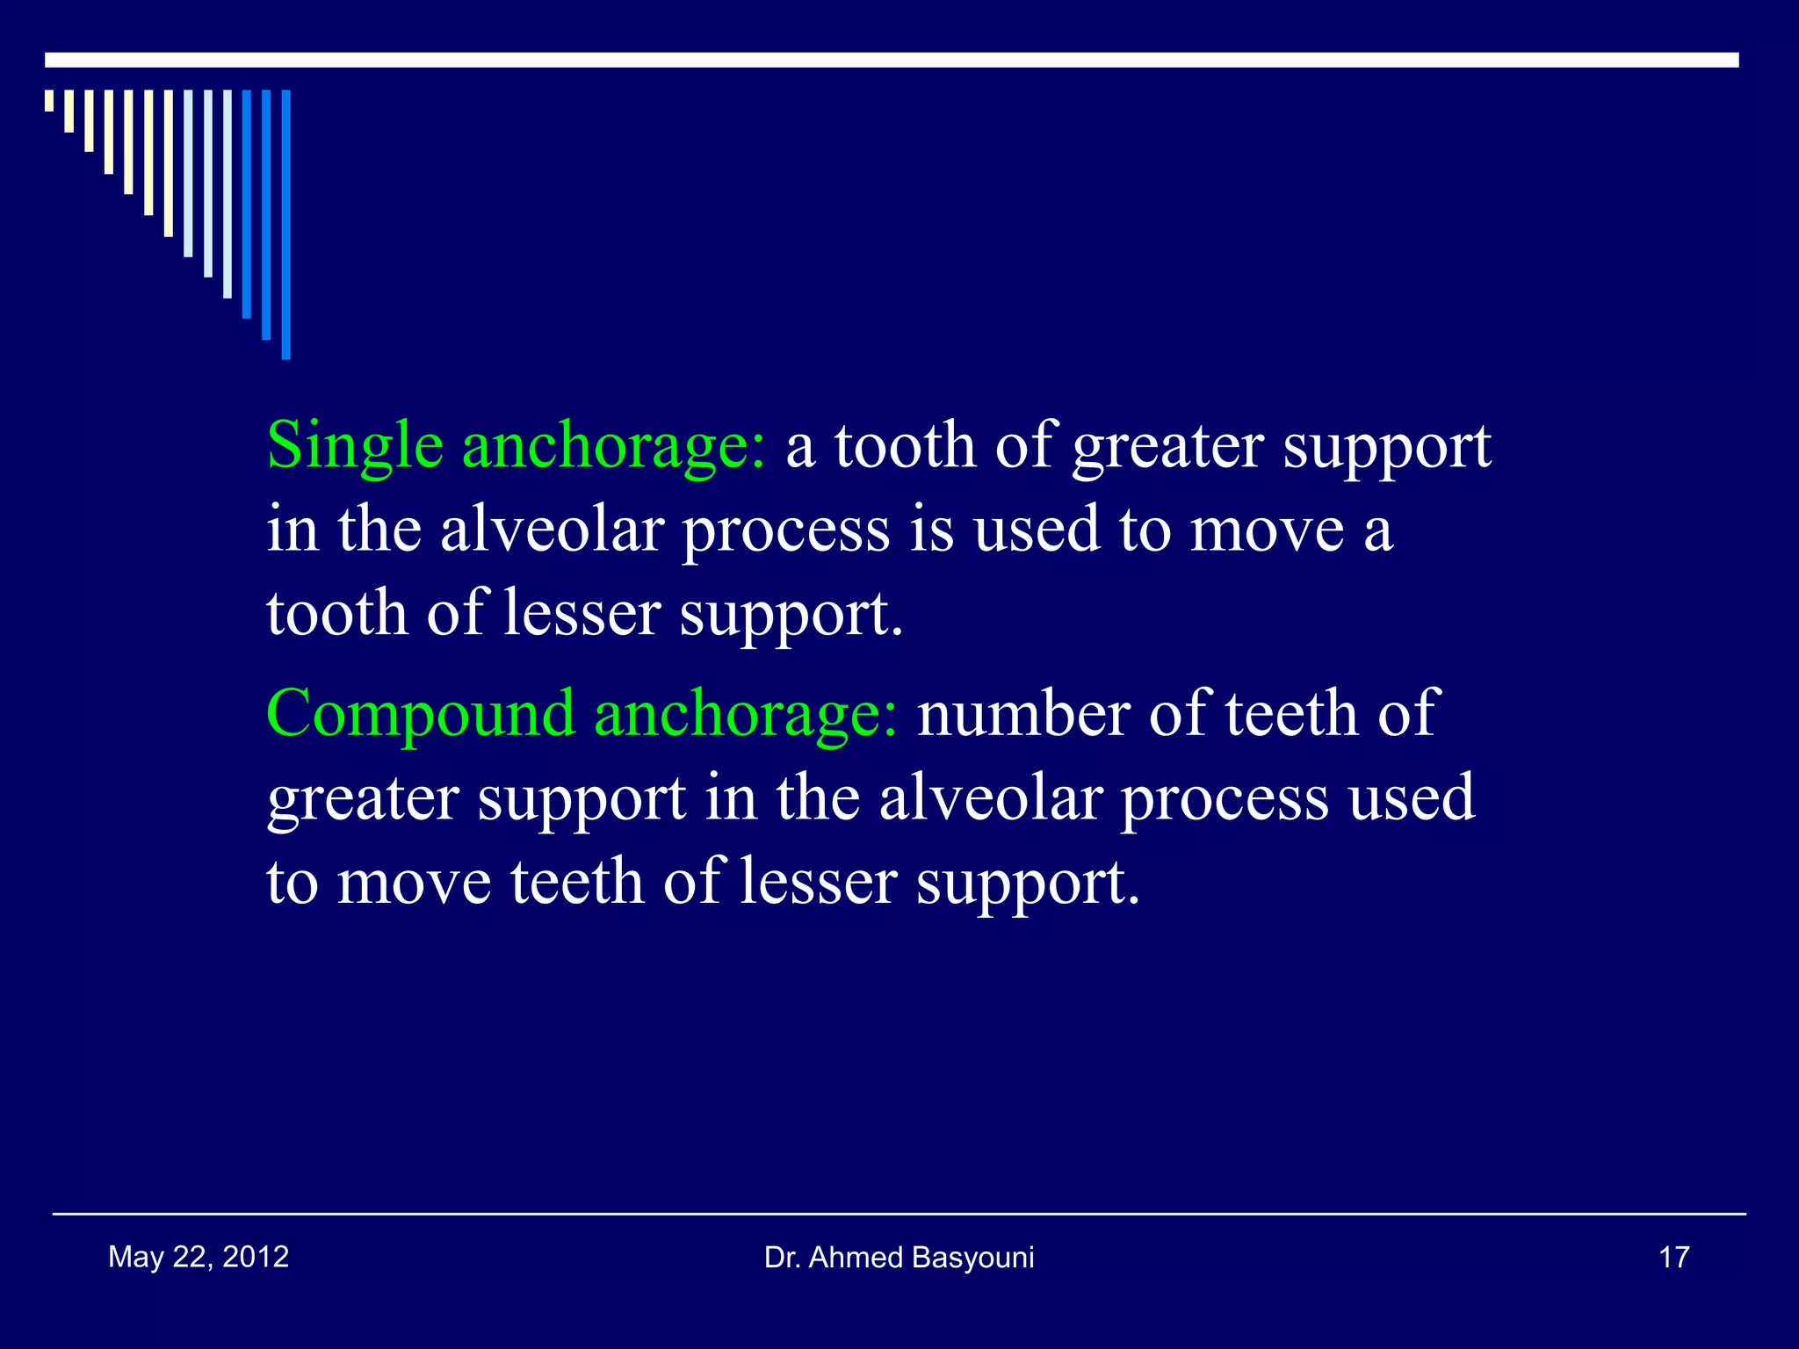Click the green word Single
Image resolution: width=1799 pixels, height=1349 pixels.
click(x=354, y=446)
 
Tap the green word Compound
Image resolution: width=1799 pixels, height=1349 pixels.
click(x=420, y=714)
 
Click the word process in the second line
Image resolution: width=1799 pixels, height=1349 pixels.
click(x=785, y=530)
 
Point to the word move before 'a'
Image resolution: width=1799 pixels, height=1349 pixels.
click(x=1266, y=530)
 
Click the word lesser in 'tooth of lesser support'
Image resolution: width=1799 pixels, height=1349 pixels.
click(x=582, y=613)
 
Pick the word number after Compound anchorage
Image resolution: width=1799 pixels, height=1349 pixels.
click(x=1022, y=714)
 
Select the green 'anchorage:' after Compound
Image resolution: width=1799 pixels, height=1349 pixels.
click(x=746, y=714)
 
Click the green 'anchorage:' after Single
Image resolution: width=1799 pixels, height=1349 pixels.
click(x=613, y=446)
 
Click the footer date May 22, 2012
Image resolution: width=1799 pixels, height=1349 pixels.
click(x=199, y=1257)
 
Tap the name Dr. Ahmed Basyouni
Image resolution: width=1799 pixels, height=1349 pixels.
click(x=899, y=1258)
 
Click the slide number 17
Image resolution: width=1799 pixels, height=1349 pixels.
click(x=1673, y=1258)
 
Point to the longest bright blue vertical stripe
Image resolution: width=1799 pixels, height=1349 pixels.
click(x=285, y=224)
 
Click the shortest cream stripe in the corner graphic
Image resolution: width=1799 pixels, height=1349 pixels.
click(x=49, y=100)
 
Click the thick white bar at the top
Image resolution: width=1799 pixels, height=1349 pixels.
click(x=892, y=60)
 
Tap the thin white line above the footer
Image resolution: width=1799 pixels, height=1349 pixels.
click(x=899, y=1214)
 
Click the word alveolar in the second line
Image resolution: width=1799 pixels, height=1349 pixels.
click(x=552, y=530)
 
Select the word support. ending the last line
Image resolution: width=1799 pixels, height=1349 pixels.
click(x=1028, y=882)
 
